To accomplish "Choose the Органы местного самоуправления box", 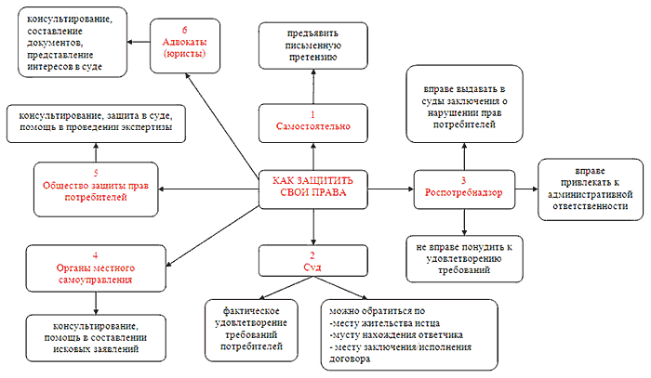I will tap(90, 266).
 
